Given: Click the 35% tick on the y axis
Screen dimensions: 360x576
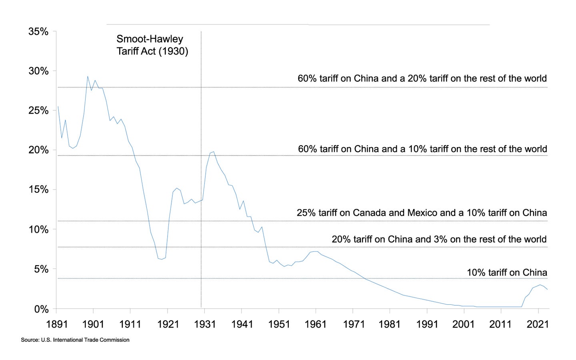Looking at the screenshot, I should point(38,32).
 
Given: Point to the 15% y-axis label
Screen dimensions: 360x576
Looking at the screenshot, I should point(38,190).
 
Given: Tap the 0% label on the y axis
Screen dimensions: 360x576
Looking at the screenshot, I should point(41,309).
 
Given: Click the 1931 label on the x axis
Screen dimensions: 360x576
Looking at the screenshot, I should point(204,324).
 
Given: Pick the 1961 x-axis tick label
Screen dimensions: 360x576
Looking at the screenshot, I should point(316,324).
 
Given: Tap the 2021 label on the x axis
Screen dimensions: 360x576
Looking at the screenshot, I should point(538,324).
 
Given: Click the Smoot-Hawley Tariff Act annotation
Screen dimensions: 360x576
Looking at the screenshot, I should point(152,45).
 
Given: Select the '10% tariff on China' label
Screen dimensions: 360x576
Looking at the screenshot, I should point(507,272).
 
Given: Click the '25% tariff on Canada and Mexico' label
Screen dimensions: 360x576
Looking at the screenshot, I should point(422,213).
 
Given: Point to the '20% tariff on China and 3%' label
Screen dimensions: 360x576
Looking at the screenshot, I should point(439,239).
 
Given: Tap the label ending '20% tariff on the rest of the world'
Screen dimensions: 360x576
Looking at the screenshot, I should point(422,78).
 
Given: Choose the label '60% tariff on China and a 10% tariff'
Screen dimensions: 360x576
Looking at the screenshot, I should point(422,149).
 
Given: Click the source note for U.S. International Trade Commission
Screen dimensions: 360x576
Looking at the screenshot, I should point(75,340).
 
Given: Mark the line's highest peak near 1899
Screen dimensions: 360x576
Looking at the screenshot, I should point(88,76).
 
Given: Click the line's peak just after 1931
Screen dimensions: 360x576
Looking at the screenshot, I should point(214,152).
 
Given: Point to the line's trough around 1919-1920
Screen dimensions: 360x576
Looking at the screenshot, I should point(162,259).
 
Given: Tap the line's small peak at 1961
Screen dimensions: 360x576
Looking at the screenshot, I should point(316,252).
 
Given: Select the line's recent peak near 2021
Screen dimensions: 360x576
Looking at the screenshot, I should point(540,285).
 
